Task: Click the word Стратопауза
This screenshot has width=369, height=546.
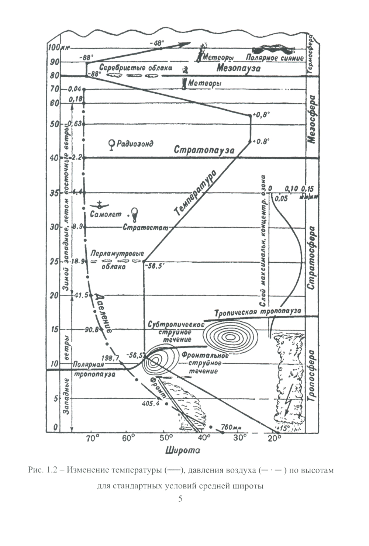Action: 204,150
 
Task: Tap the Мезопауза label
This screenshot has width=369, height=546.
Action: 238,68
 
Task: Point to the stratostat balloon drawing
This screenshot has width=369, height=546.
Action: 135,214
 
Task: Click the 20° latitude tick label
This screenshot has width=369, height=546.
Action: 273,439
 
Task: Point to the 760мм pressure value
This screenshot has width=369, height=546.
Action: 231,428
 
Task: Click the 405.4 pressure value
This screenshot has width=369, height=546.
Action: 150,404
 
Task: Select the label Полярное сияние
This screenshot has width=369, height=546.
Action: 275,58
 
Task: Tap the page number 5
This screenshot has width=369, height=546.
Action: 180,499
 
